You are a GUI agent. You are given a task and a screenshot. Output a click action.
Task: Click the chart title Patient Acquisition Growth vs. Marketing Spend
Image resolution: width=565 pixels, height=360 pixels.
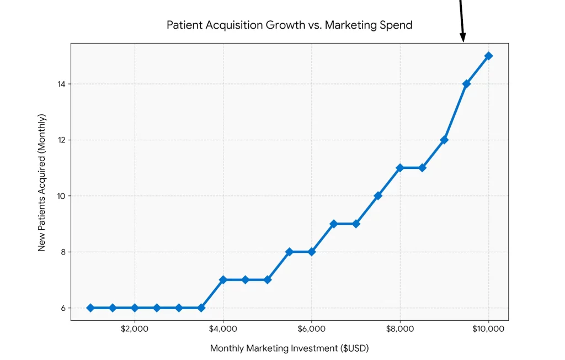289,25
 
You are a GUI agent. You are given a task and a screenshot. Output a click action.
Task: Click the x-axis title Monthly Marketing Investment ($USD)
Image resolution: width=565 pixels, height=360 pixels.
289,348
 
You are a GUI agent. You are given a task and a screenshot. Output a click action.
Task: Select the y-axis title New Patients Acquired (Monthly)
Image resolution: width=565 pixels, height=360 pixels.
42,182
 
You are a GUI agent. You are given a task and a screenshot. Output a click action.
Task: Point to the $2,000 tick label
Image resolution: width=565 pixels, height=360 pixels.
135,329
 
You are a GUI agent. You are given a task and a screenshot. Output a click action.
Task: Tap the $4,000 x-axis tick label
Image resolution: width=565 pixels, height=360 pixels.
223,329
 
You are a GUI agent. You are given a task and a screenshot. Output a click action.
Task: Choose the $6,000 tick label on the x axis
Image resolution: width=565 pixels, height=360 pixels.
311,329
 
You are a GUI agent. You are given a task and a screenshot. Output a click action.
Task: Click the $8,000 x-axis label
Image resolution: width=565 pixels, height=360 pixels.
400,329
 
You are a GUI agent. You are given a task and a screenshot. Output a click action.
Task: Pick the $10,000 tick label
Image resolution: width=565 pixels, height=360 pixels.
488,329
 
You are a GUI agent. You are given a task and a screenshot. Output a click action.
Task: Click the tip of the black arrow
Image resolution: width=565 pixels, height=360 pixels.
463,41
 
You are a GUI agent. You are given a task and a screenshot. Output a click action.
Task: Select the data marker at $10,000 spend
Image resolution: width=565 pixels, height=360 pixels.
488,56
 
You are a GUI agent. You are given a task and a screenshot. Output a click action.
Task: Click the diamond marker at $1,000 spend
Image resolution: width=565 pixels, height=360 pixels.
90,308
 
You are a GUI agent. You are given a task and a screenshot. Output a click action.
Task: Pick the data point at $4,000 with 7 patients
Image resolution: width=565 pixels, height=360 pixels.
223,280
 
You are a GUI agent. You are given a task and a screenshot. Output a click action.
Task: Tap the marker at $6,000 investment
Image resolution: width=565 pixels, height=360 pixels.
311,252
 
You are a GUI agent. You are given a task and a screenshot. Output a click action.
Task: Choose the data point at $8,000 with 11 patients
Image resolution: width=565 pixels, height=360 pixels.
400,168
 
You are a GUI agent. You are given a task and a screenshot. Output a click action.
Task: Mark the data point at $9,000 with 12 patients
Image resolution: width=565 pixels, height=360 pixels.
444,140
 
